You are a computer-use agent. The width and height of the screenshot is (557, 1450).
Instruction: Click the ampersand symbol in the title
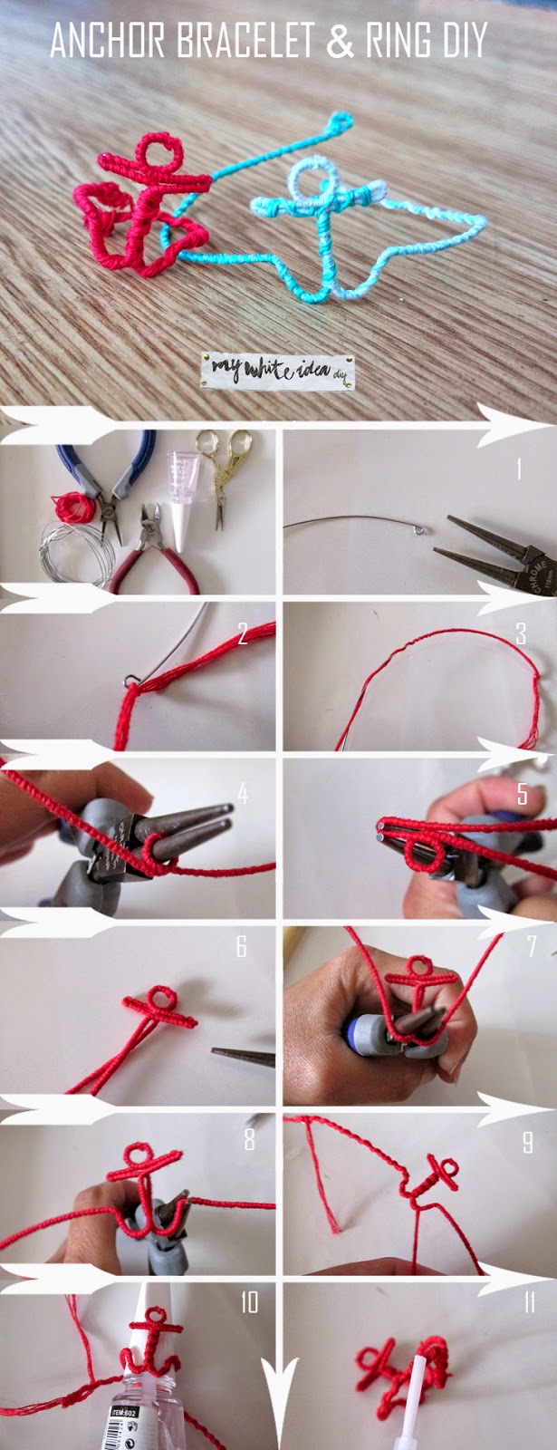340,42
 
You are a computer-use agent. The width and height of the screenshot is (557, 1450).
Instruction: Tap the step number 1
518,469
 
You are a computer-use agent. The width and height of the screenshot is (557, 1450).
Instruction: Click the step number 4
242,794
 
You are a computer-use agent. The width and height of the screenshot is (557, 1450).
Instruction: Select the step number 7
532,946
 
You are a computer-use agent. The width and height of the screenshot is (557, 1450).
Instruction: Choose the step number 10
249,1302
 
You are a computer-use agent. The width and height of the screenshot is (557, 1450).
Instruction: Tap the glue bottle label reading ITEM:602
125,1412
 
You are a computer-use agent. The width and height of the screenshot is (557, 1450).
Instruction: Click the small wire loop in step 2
131,678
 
